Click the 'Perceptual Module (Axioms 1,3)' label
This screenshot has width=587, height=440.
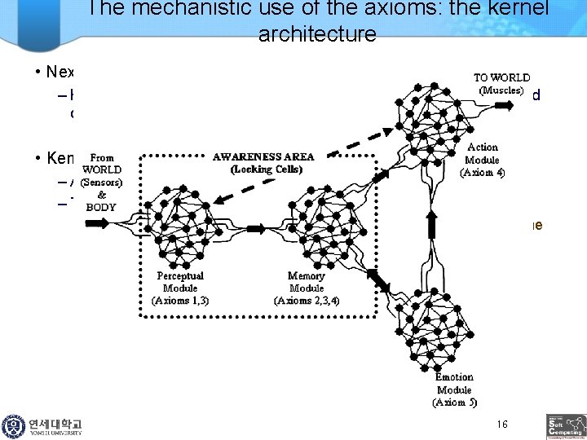tap(180, 288)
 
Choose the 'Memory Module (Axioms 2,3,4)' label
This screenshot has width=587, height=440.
tap(307, 288)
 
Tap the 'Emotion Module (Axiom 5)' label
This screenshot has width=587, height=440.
tap(454, 389)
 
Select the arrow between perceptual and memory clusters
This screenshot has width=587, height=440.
tap(254, 230)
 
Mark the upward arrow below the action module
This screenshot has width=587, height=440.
tap(433, 218)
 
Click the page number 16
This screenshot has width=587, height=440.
tap(502, 425)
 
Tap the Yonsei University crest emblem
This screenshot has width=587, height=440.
tap(14, 426)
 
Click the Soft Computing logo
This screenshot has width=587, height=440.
tap(565, 426)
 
